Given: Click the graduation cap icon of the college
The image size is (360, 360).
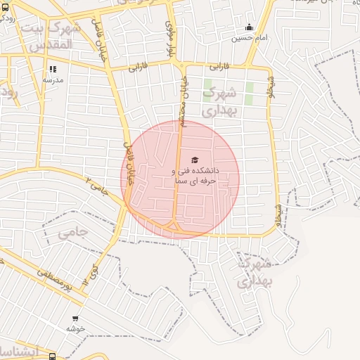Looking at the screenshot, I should click(195, 160).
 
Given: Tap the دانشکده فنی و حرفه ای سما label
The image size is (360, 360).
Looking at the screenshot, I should click(195, 176).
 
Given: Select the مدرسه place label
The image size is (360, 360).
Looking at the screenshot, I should click(53, 80).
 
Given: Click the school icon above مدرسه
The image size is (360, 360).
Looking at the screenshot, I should click(53, 70).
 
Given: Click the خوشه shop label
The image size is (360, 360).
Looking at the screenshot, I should click(75, 328).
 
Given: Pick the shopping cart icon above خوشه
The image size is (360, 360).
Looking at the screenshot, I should click(75, 319).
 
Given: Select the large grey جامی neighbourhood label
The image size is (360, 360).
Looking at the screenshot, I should click(72, 231).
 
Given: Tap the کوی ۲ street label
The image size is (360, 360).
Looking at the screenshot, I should click(89, 274).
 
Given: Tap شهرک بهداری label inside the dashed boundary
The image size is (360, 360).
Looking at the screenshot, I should click(254, 274).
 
